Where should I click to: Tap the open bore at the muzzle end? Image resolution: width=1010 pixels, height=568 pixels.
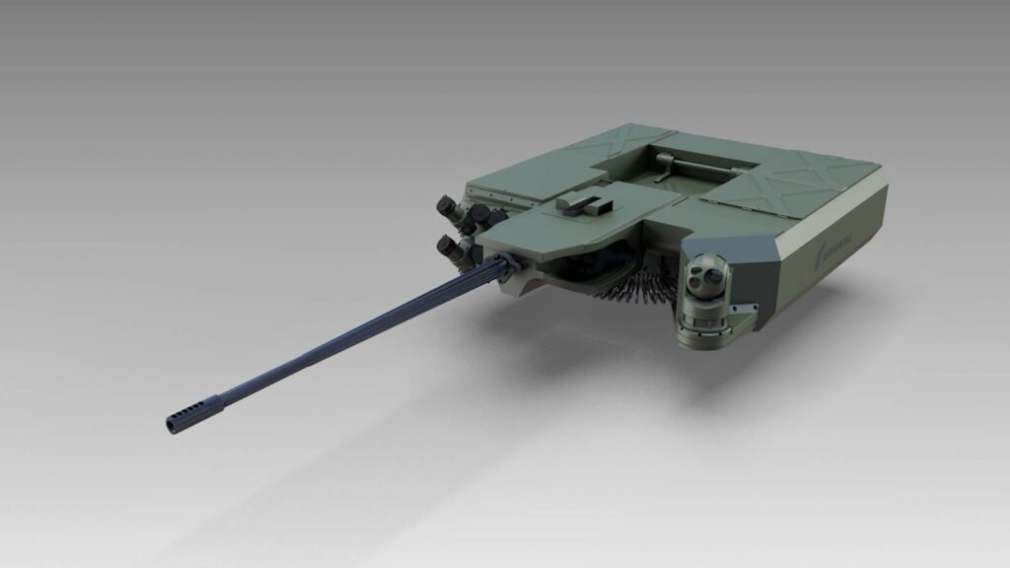(170, 425)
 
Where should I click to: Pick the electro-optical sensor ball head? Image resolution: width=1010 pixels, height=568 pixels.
(707, 279)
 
